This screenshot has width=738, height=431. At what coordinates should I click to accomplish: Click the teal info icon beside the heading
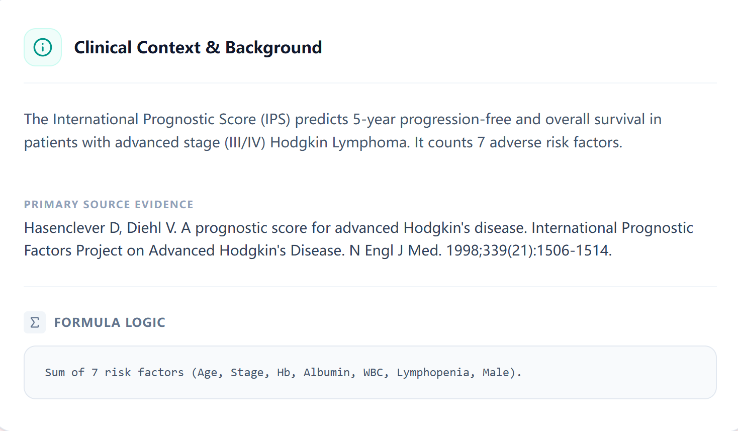pos(43,47)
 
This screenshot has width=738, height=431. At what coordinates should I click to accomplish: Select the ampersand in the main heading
pos(213,47)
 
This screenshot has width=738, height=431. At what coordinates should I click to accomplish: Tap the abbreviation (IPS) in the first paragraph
pos(275,119)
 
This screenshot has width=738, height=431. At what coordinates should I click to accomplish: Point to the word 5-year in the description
pos(374,119)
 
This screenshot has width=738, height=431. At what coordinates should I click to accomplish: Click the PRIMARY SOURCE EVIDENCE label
pos(109,205)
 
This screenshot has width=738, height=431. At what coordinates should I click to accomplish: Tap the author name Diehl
pos(144,228)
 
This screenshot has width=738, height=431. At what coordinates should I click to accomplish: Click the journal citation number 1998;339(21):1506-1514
pos(529,250)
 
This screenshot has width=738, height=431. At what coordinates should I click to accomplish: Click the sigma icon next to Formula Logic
pos(35,322)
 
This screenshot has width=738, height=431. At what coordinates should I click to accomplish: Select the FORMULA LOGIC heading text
pos(110,322)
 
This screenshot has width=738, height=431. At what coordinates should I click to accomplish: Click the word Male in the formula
pos(496,373)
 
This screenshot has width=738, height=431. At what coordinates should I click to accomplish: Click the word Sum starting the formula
pos(54,373)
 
